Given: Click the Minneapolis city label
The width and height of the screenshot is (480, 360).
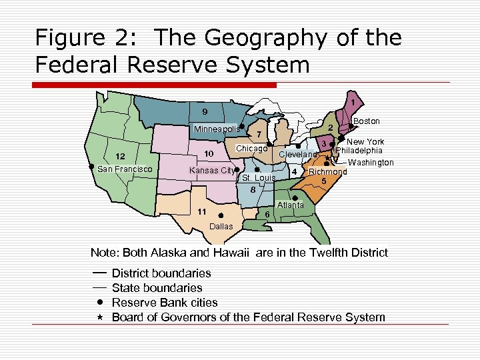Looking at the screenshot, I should tap(216, 129).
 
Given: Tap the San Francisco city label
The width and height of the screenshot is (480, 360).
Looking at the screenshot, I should tap(125, 169).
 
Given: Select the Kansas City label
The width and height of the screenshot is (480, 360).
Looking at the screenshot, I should tap(211, 171).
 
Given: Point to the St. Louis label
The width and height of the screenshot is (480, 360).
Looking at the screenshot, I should tap(259, 178).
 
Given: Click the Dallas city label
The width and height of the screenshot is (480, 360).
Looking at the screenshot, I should tap(221, 227).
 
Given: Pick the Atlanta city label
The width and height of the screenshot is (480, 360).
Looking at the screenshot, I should tap(291, 205).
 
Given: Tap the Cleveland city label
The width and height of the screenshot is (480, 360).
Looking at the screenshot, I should tap(298, 155).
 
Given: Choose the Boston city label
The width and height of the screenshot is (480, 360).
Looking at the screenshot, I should tap(366, 121).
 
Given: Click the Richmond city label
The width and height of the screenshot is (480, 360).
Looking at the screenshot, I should tap(327, 172).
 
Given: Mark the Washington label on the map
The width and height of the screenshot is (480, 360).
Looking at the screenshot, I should tap(371, 163).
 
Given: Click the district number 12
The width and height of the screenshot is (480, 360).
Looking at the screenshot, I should tap(121, 156).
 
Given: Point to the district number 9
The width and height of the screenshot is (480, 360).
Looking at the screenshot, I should tap(205, 111).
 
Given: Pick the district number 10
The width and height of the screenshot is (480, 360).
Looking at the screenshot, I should tap(208, 155).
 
